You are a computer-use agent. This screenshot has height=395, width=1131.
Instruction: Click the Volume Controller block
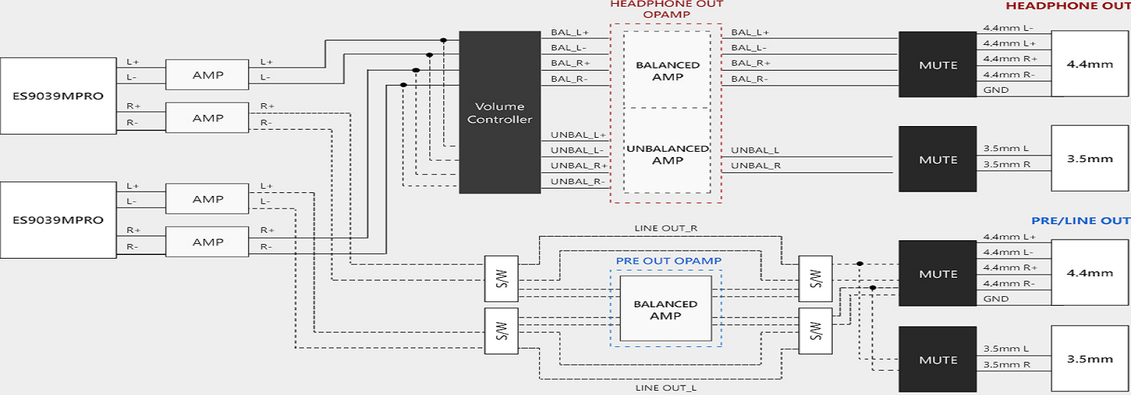499,112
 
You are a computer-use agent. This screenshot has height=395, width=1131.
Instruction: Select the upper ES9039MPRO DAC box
58,95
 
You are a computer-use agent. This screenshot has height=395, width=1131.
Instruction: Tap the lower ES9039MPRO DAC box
58,220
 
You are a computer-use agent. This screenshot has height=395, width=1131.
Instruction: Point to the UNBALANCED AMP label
668,154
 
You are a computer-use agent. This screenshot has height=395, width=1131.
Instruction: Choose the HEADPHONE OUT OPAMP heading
666,9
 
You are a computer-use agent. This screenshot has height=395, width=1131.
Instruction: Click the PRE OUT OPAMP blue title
669,261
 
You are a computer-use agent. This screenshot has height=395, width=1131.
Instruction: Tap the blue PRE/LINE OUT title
1080,220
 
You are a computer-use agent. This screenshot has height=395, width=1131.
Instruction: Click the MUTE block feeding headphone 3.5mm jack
937,160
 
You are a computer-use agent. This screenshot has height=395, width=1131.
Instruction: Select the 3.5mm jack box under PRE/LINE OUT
1090,359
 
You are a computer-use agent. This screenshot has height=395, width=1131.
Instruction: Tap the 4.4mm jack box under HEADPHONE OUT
1090,64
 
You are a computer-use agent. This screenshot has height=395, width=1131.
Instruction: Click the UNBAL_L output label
755,150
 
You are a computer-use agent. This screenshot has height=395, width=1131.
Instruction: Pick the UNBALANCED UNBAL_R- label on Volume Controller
577,181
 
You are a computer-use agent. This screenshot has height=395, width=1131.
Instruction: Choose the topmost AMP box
208,74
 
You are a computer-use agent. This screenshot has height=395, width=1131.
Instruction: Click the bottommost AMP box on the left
208,242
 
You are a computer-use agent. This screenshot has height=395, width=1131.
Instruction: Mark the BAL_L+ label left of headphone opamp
569,32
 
